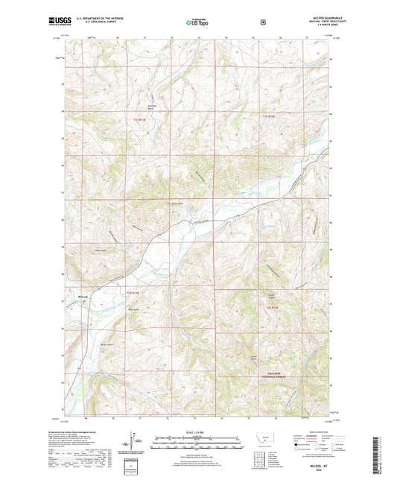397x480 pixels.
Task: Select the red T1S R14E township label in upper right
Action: click(x=268, y=117)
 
